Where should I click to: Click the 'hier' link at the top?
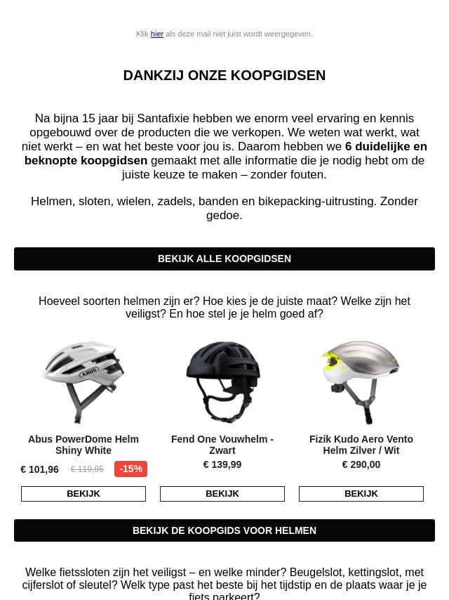point(156,34)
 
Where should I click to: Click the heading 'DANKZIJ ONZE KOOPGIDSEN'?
point(224,75)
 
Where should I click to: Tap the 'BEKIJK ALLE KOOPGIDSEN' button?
point(224,259)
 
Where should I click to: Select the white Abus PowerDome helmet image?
point(83,382)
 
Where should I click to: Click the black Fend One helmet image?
point(222,382)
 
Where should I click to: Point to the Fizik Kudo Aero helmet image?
point(361,382)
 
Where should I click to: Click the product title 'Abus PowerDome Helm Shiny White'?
point(83,445)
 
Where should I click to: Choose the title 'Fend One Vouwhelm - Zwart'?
point(222,445)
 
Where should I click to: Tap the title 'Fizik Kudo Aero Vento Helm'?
point(361,445)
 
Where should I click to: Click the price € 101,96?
point(40,469)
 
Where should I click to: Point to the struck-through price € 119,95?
point(87,469)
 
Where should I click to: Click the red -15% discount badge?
point(131,469)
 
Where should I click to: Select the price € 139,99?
point(222,464)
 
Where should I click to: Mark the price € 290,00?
point(361,464)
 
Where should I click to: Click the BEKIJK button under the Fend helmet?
point(222,494)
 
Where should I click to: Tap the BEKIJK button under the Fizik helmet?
point(361,494)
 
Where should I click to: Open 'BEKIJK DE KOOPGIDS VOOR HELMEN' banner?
point(224,530)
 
